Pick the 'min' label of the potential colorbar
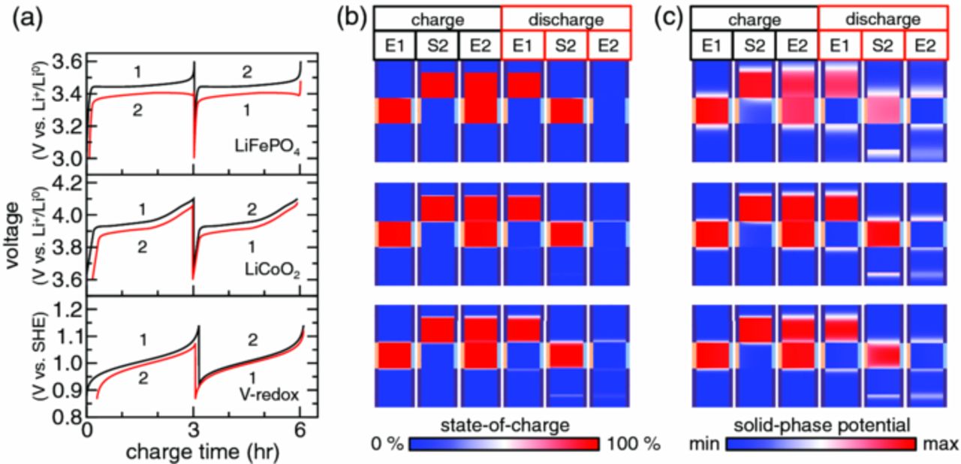(x=706, y=444)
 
